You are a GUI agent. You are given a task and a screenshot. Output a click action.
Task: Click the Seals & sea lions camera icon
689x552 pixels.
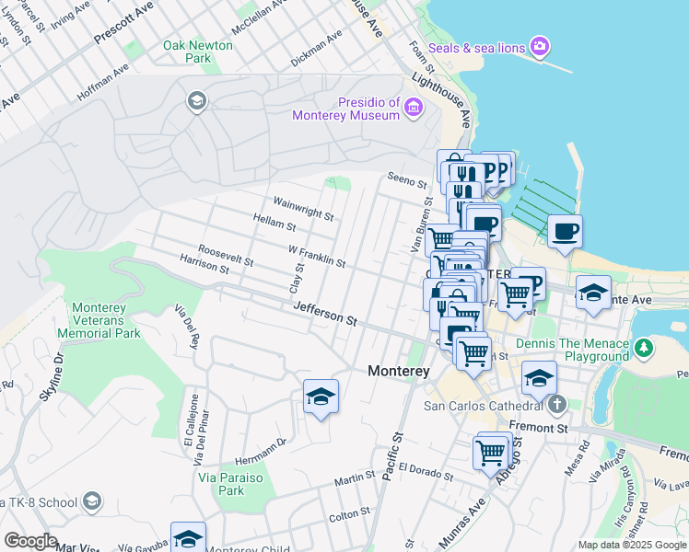pos(540,46)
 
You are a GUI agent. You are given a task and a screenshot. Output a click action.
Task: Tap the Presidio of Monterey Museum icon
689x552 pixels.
pos(413,109)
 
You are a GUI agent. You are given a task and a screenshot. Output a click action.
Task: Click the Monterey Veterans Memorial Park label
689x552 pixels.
pos(99,320)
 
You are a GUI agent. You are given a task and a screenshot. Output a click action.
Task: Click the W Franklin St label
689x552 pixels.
pos(317,256)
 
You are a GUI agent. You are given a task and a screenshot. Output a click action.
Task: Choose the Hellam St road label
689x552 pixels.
pos(274,221)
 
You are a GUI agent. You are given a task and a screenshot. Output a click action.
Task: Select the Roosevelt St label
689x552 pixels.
pos(226,256)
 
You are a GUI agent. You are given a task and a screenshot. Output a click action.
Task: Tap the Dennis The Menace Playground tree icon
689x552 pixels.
pos(645,349)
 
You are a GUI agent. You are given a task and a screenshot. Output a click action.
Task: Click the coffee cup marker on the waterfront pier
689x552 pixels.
pos(565,230)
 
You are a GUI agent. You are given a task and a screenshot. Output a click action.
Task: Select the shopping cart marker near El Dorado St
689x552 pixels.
pos(491,452)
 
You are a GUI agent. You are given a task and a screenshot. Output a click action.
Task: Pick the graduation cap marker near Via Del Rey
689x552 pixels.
pos(321,397)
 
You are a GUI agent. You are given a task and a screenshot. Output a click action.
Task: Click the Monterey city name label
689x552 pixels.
pos(399,371)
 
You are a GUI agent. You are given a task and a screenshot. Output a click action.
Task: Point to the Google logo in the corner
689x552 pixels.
pos(30,540)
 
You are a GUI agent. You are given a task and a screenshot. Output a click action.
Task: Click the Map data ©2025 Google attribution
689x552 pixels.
pos(631,545)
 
